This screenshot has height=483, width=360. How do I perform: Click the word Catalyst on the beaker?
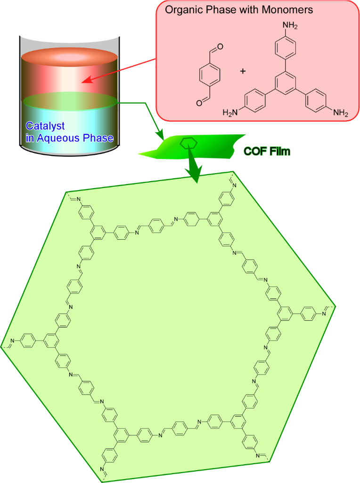[45, 126]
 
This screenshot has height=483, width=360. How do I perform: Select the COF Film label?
[267, 151]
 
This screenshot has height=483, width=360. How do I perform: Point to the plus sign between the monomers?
[243, 71]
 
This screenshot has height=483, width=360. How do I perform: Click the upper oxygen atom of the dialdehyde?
[220, 46]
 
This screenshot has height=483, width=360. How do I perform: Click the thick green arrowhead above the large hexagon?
[195, 174]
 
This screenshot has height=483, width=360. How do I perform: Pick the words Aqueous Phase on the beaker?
[69, 138]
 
